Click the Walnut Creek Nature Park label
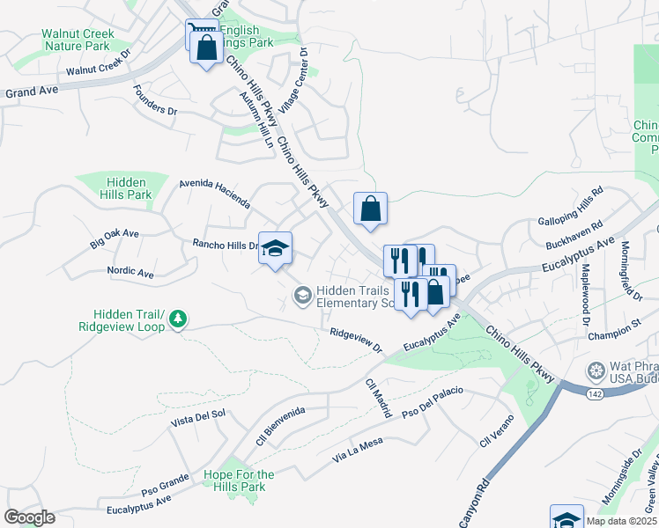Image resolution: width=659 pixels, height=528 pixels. [x=78, y=40]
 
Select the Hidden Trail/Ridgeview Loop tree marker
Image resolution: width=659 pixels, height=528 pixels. [x=179, y=319]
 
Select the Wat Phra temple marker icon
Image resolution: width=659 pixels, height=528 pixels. [x=596, y=370]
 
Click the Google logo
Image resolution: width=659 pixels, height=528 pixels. [x=29, y=517]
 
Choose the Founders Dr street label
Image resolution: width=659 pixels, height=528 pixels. [x=155, y=100]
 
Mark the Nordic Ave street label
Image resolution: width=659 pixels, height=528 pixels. [x=130, y=273]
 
